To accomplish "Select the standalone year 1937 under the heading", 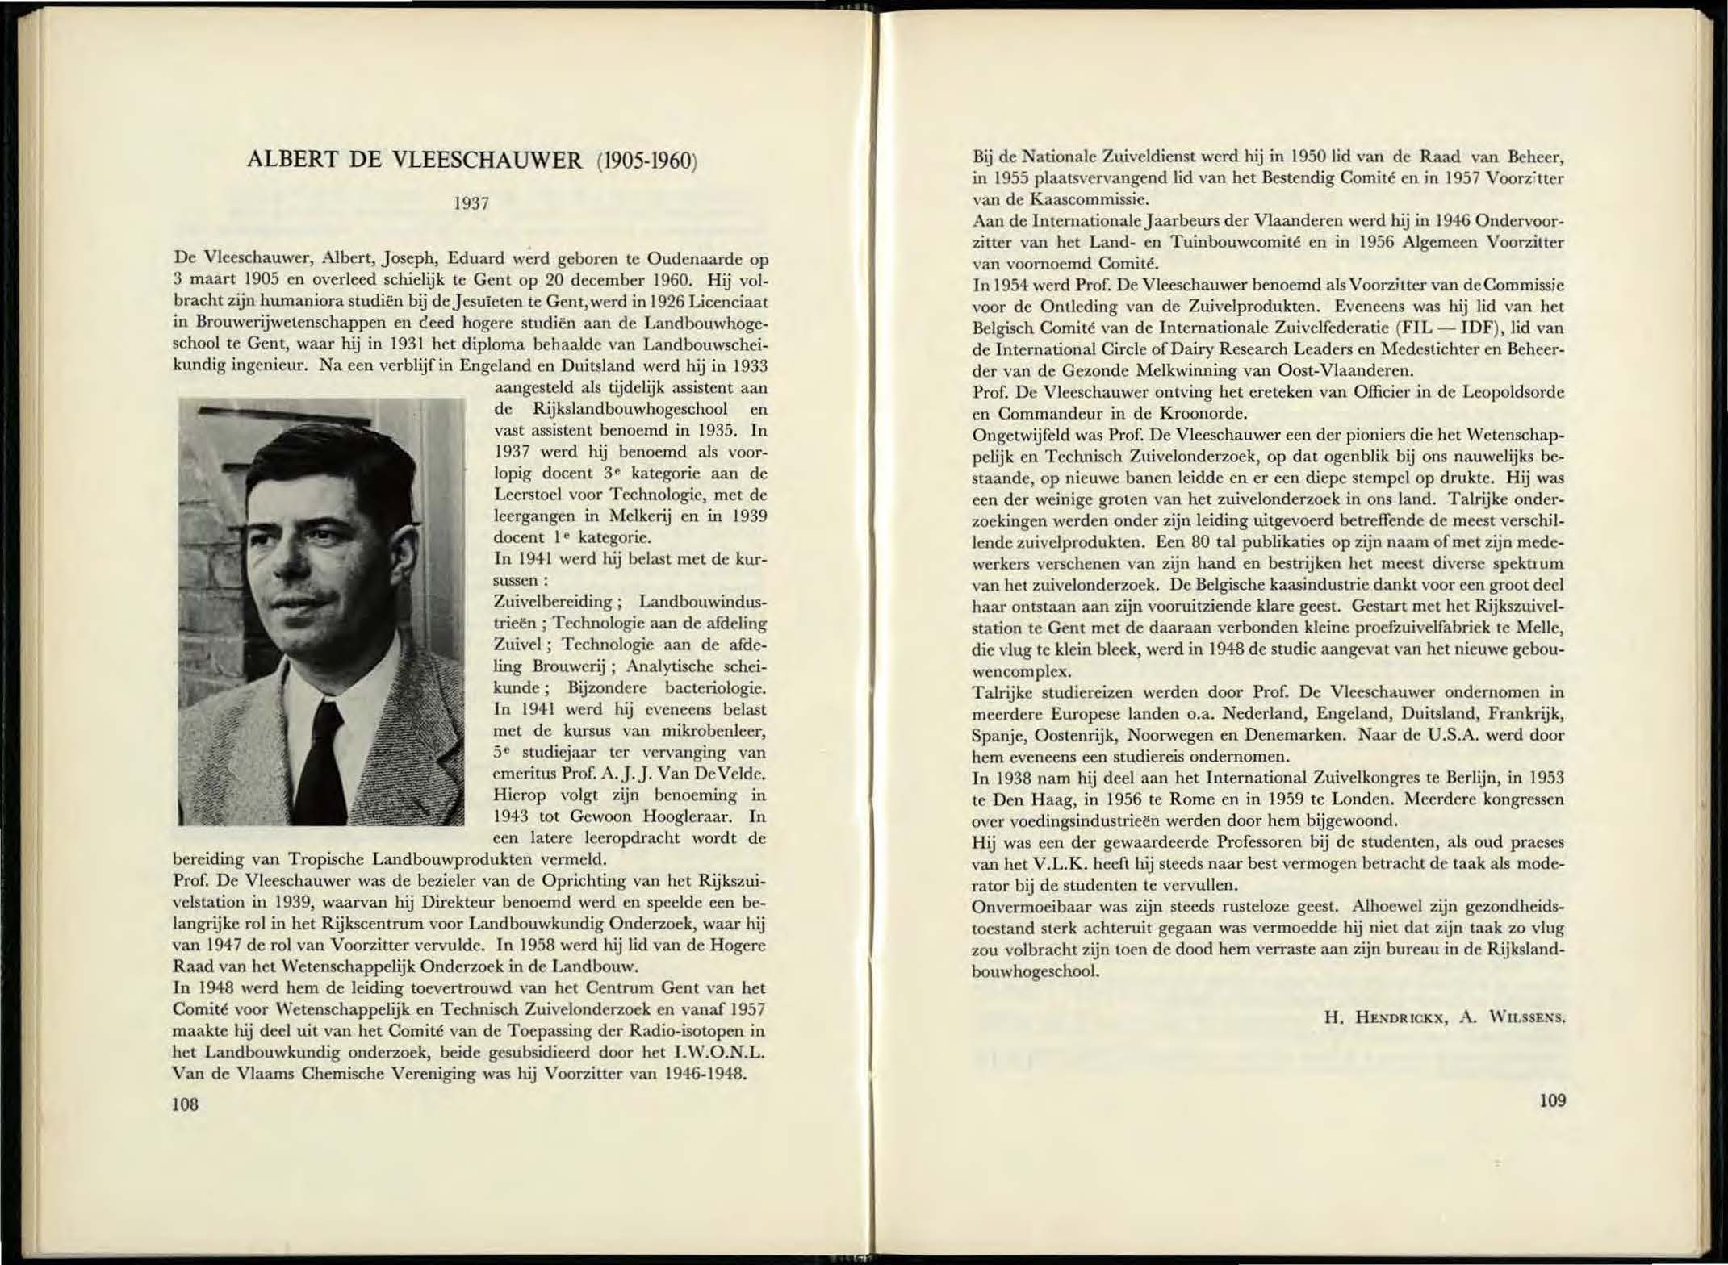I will click(x=471, y=203).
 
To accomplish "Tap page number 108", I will click(x=185, y=1104).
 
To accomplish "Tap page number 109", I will click(x=1552, y=1100).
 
